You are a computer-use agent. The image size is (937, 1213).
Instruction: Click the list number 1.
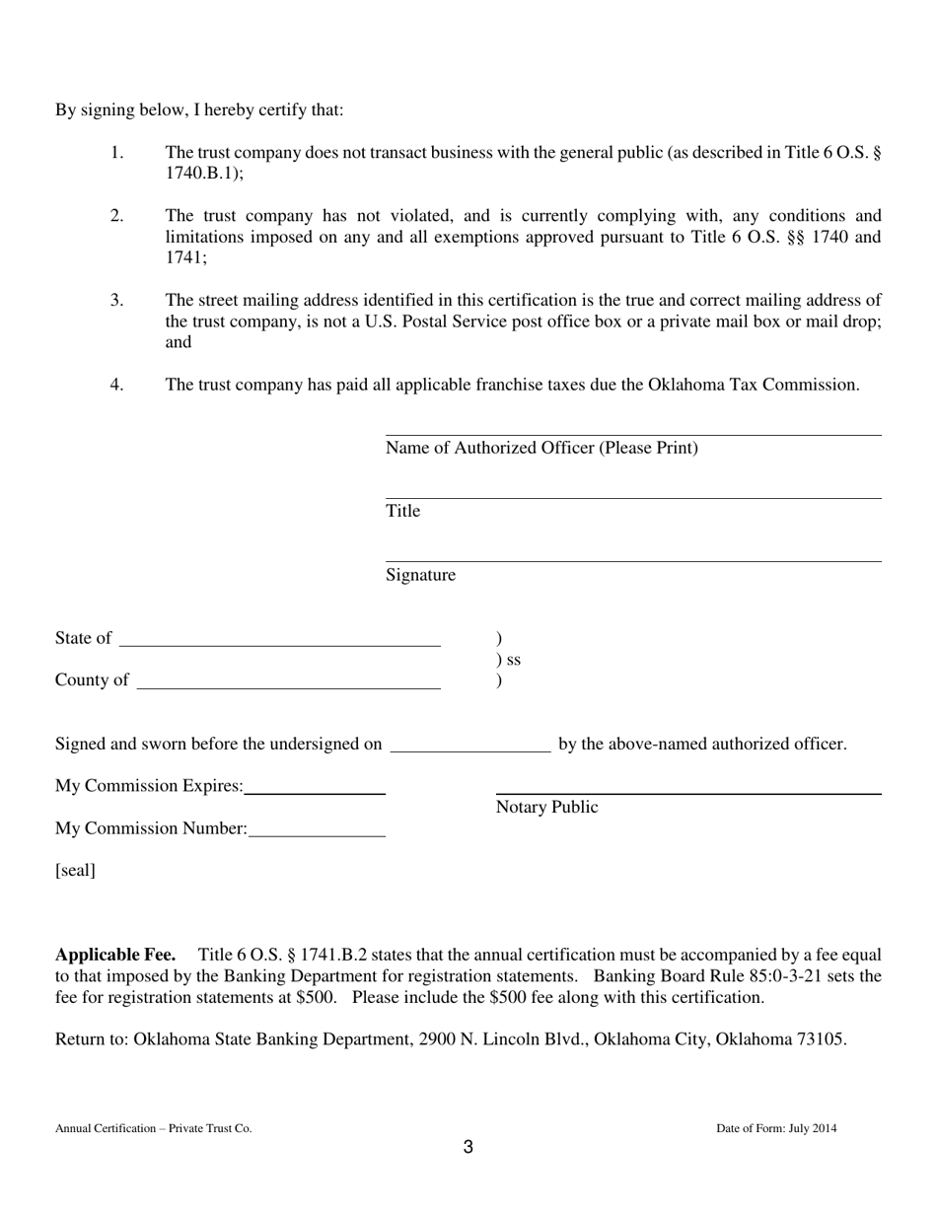pyautogui.click(x=116, y=153)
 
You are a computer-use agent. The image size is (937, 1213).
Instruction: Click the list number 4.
pyautogui.click(x=116, y=385)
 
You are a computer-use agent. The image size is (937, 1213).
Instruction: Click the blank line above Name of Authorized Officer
pyautogui.click(x=632, y=433)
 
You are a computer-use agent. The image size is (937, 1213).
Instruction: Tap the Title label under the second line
pyautogui.click(x=402, y=511)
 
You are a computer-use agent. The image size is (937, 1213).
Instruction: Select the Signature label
pyautogui.click(x=420, y=575)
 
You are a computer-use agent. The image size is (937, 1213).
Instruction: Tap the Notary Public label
pyautogui.click(x=546, y=808)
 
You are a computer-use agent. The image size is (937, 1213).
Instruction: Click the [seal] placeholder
pyautogui.click(x=75, y=871)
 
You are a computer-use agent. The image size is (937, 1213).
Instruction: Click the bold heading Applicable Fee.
pyautogui.click(x=115, y=955)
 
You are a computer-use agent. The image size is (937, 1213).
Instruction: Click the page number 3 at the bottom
pyautogui.click(x=468, y=1147)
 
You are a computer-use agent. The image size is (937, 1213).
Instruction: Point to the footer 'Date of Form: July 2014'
pyautogui.click(x=776, y=1128)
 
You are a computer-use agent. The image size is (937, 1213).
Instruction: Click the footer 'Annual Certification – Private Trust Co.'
pyautogui.click(x=153, y=1128)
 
